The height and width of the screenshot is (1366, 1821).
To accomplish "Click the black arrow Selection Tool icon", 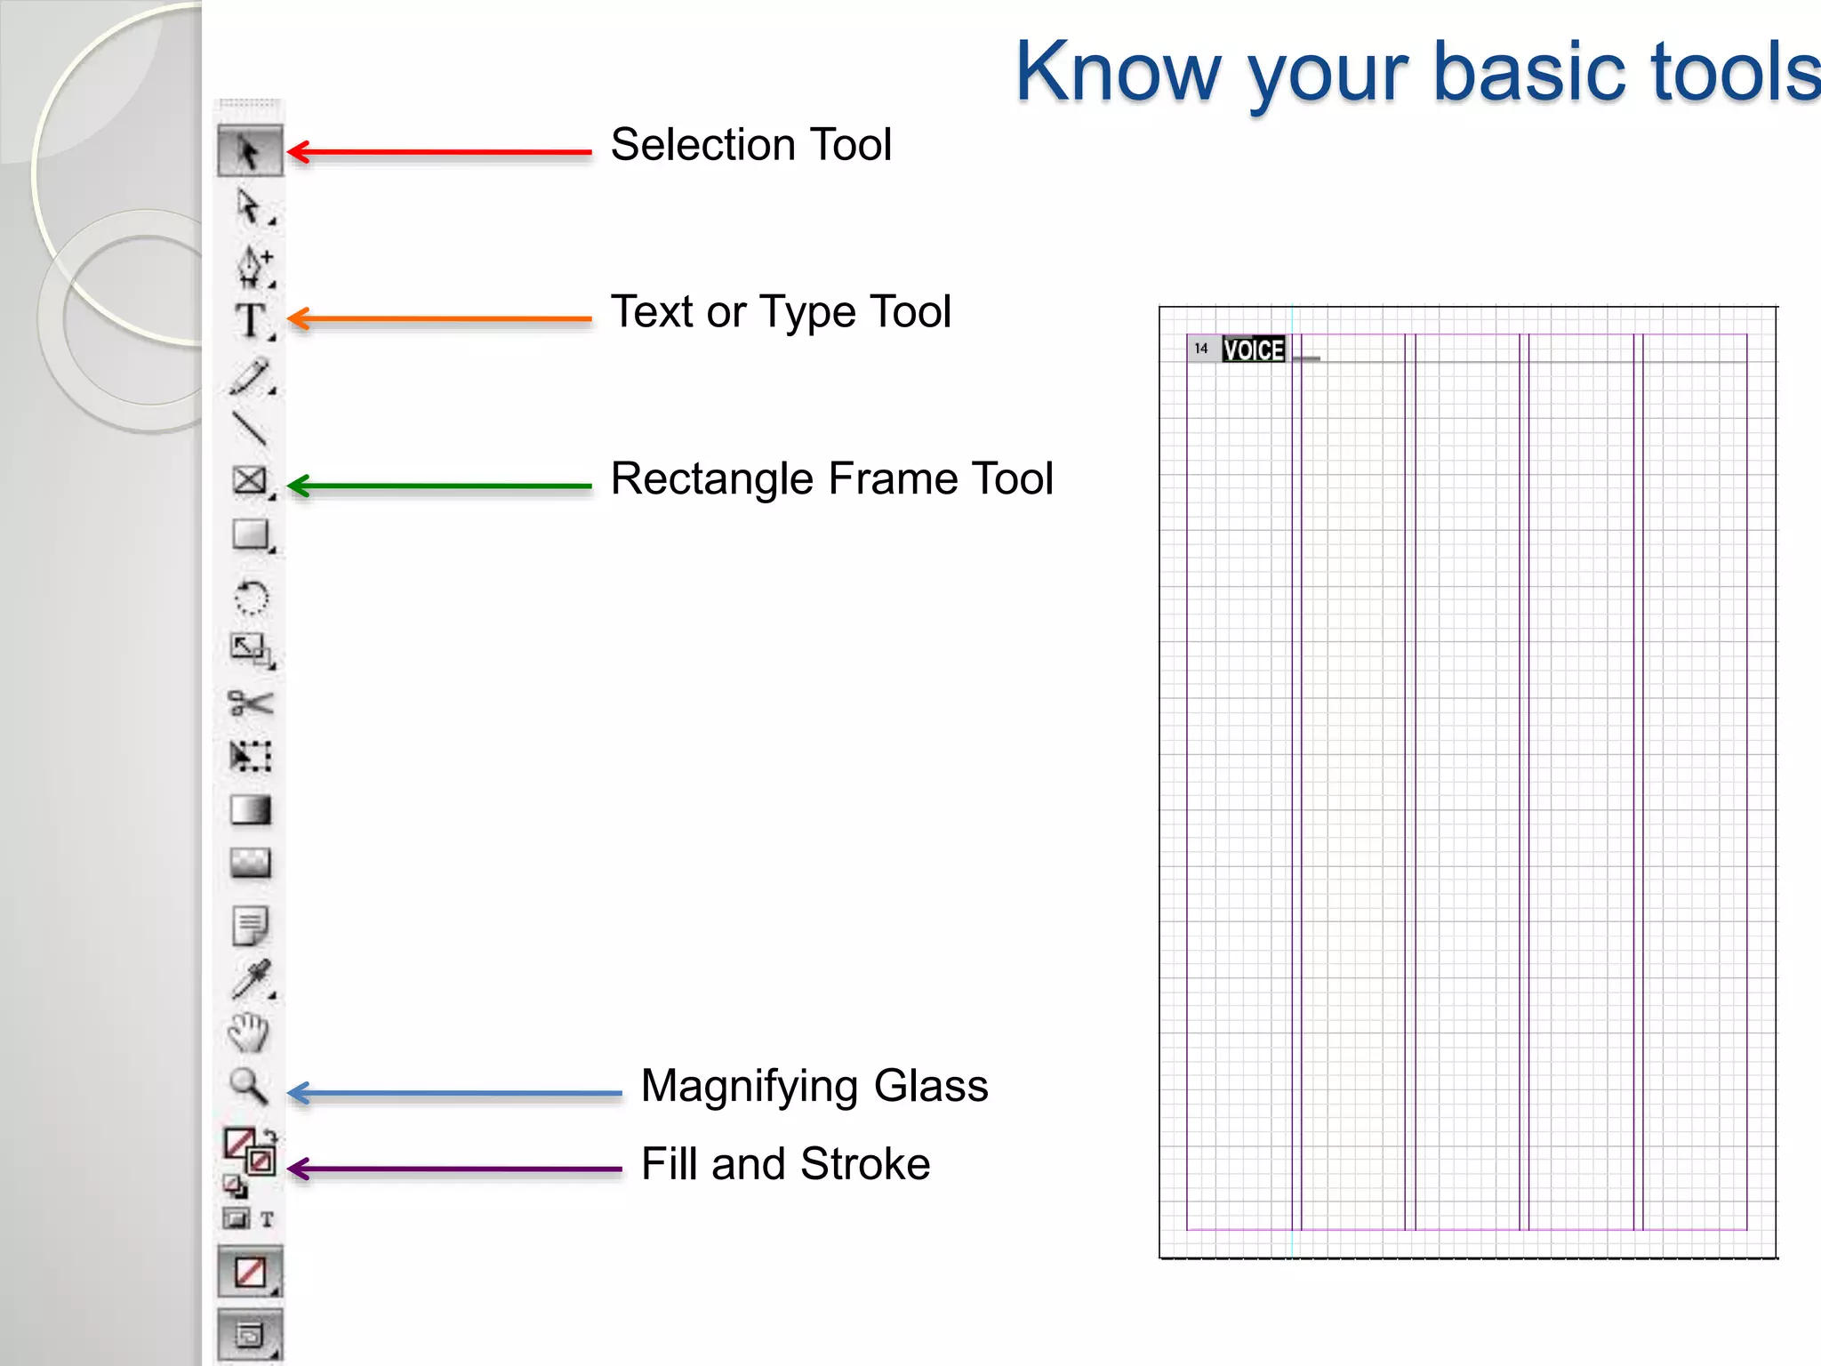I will pyautogui.click(x=249, y=151).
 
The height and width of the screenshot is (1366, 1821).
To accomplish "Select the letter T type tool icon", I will pyautogui.click(x=251, y=320).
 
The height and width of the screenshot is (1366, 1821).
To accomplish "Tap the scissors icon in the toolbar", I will pyautogui.click(x=250, y=703).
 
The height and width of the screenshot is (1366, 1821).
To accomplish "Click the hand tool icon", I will pyautogui.click(x=248, y=1033).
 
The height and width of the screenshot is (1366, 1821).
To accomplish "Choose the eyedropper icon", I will pyautogui.click(x=251, y=979).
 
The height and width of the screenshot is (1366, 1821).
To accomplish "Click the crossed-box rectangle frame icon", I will pyautogui.click(x=250, y=480).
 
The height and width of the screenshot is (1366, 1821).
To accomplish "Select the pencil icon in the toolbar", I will pyautogui.click(x=250, y=376).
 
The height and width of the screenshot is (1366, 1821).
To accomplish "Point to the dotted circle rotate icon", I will pyautogui.click(x=251, y=598).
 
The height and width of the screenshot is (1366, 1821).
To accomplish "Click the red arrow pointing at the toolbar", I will pyautogui.click(x=439, y=152).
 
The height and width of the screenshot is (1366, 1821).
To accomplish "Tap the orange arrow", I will pyautogui.click(x=439, y=318).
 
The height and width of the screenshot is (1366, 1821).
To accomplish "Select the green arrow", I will pyautogui.click(x=439, y=486).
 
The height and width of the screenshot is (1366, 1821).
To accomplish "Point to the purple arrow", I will pyautogui.click(x=453, y=1169).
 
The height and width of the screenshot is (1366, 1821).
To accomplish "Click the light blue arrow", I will pyautogui.click(x=453, y=1093).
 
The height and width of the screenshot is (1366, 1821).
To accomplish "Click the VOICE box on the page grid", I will pyautogui.click(x=1253, y=350).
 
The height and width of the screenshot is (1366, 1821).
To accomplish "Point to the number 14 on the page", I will pyautogui.click(x=1201, y=349).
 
